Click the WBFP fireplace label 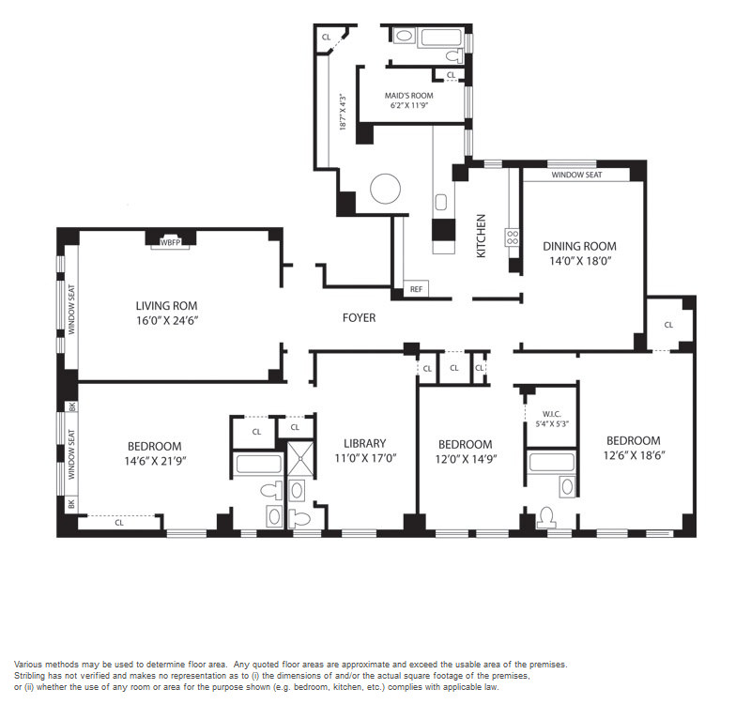(x=170, y=243)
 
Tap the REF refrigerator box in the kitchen (x=416, y=289)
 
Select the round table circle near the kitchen (x=385, y=189)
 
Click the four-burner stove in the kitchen (x=513, y=237)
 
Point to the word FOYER (x=359, y=317)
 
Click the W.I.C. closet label (x=552, y=414)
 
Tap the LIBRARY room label (x=364, y=443)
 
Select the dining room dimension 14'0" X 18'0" (x=580, y=262)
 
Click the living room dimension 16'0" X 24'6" (x=167, y=320)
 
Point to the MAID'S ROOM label (x=409, y=96)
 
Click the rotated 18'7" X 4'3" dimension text (x=343, y=112)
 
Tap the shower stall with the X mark (x=300, y=458)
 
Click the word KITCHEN (x=482, y=236)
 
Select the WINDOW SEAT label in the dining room (x=576, y=175)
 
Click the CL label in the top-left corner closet (x=326, y=37)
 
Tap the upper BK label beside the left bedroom (x=72, y=406)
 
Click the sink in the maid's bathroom (x=405, y=36)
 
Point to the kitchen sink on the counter (x=440, y=202)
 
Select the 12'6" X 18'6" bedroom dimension (x=635, y=455)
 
